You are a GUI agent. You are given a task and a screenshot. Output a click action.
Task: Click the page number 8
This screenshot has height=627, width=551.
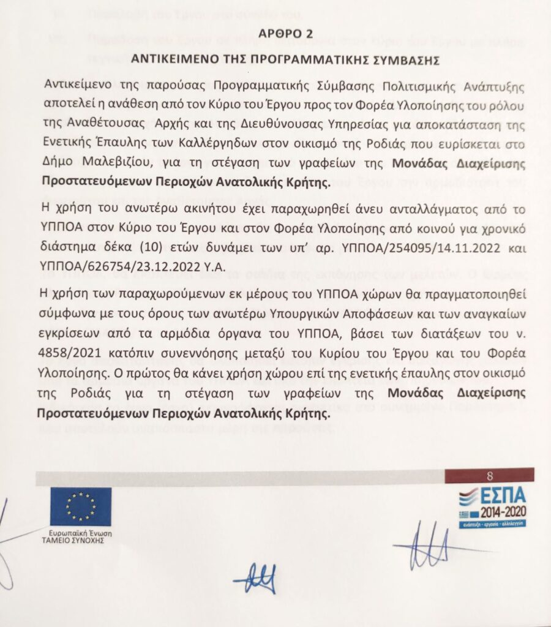pos(489,476)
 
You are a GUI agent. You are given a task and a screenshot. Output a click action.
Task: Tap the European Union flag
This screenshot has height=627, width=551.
pos(80,506)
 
